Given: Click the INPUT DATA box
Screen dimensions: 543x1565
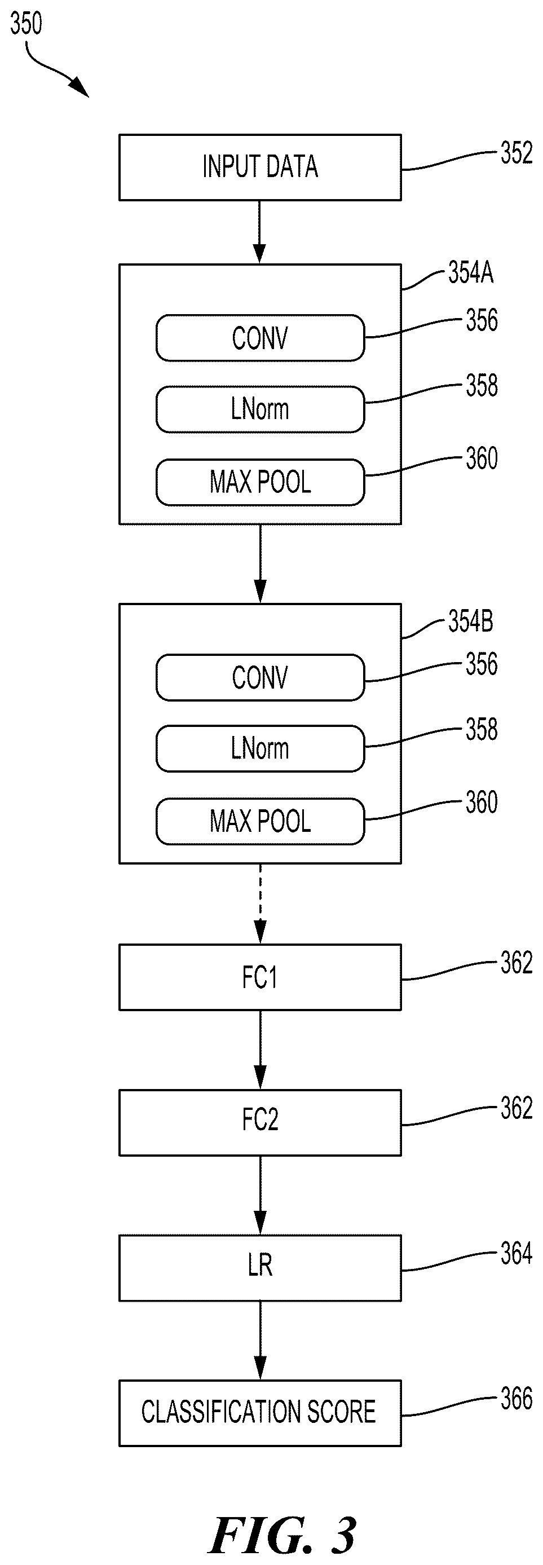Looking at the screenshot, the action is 260,167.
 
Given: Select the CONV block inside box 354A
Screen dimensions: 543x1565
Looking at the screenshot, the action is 260,338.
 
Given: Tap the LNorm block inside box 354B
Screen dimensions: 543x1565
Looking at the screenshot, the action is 260,748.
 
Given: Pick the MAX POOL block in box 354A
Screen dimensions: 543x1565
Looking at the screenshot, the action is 260,482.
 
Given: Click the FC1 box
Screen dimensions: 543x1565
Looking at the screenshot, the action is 260,977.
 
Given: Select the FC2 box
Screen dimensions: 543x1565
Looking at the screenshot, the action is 260,1123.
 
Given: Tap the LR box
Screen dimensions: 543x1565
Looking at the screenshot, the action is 260,1268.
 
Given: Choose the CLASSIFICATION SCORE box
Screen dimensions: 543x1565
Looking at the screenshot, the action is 260,1414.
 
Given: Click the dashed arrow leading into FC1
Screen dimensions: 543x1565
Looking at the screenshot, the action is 260,904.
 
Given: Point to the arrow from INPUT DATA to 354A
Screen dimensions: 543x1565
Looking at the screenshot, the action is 260,232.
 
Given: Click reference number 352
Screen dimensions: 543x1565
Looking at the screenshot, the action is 516,152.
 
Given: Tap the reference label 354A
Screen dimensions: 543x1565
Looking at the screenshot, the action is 471,273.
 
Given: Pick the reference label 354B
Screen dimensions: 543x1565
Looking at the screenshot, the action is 471,621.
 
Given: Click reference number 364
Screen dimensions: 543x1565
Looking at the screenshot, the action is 516,1253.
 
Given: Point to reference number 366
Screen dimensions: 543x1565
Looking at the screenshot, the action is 516,1399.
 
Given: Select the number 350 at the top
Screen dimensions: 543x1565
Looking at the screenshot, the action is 26,24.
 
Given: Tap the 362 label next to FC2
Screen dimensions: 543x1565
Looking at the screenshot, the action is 516,1108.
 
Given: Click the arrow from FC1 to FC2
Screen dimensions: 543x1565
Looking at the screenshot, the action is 260,1051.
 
